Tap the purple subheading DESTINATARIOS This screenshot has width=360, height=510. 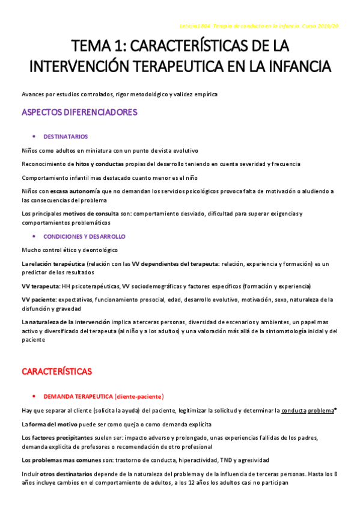tap(66, 137)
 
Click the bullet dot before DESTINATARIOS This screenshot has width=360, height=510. tap(34, 137)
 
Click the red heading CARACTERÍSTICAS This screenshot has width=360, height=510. tap(56, 371)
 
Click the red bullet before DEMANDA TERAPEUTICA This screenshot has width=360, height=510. tap(34, 396)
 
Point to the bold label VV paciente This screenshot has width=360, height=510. tap(38, 299)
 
